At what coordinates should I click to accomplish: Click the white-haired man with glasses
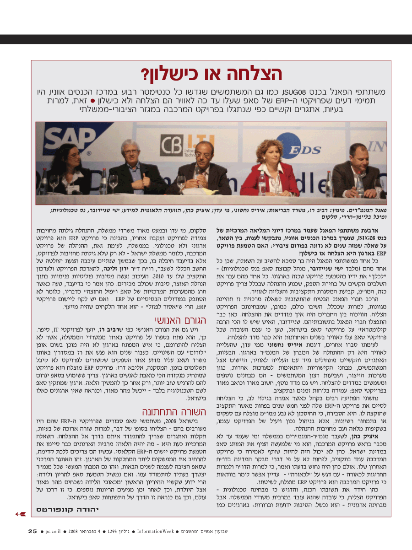pyautogui.click(x=131, y=167)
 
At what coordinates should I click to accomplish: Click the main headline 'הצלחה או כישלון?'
pyautogui.click(x=211, y=74)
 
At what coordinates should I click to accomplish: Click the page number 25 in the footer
pyautogui.click(x=32, y=531)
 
